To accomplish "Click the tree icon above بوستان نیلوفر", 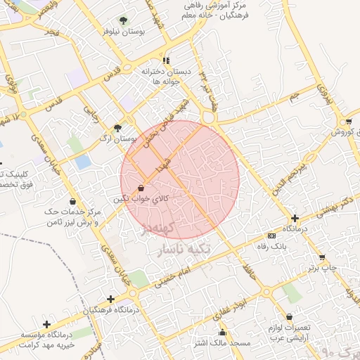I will coord(124,20).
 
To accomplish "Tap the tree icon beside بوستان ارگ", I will coord(117,128).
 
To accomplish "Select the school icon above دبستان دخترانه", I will coord(166,60).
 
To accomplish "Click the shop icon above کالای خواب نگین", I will coord(142,188).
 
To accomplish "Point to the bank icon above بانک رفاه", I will coord(272,236).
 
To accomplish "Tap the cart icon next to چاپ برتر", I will coord(322,257).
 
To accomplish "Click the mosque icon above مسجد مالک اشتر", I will coord(223,333).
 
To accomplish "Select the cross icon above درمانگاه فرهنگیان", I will coord(111,299).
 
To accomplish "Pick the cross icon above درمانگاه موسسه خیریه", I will coord(46,324).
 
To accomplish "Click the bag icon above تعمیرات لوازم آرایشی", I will coord(289,317).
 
